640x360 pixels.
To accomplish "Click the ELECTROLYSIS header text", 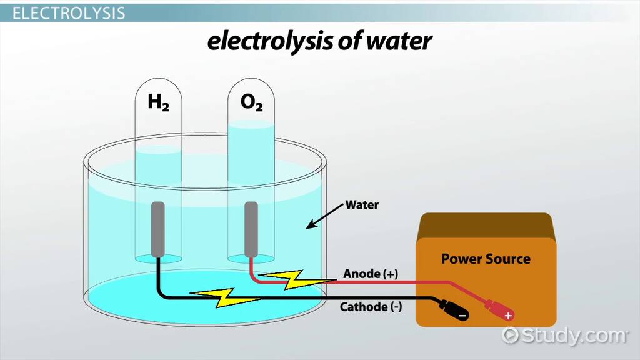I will [x=69, y=13].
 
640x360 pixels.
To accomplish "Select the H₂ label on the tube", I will [x=158, y=102].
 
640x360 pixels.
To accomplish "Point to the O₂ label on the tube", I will [x=251, y=102].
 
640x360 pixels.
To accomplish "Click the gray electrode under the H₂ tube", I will [x=158, y=229].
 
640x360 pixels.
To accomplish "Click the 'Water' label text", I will [x=362, y=205].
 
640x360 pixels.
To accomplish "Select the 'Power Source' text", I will [x=486, y=259].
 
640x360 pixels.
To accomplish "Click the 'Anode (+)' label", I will [x=371, y=274].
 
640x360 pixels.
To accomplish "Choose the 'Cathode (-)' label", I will [x=371, y=307].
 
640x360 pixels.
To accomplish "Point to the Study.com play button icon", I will [x=510, y=335].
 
